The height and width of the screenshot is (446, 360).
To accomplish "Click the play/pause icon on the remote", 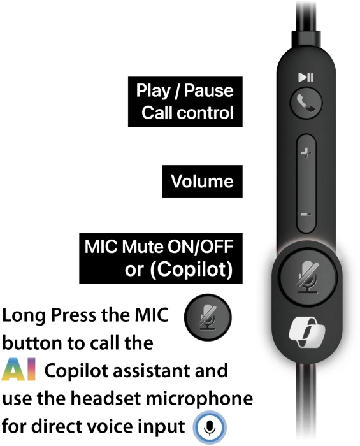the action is pyautogui.click(x=306, y=77).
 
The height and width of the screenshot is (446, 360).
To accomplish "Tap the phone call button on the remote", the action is pyautogui.click(x=306, y=103).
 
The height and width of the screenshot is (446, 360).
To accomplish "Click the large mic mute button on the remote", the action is pyautogui.click(x=307, y=276).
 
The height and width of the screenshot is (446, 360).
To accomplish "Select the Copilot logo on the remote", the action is pyautogui.click(x=307, y=332).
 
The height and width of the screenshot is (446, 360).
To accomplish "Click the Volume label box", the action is pyautogui.click(x=202, y=181).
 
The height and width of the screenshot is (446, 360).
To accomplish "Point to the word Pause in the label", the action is pyautogui.click(x=209, y=90).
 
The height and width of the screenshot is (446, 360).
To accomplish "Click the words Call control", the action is pyautogui.click(x=187, y=113).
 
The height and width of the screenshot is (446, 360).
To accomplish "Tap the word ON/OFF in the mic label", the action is pyautogui.click(x=200, y=247).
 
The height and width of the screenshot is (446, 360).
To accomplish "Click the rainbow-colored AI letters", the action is pyautogui.click(x=18, y=370).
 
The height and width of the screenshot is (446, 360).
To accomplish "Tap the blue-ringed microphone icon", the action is pyautogui.click(x=210, y=428).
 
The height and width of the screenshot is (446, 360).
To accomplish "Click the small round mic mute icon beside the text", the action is pyautogui.click(x=208, y=317).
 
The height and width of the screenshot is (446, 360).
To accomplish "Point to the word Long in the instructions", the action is pyautogui.click(x=24, y=316).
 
